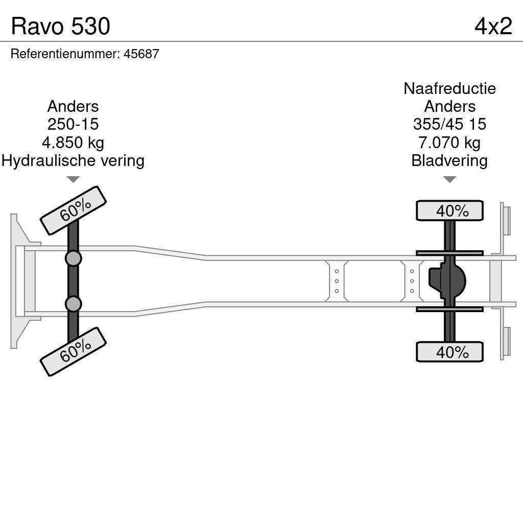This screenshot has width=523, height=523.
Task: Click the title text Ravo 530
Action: tap(60, 26)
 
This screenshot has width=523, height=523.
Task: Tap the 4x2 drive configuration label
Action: tap(493, 26)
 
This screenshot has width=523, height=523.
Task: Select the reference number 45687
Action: tap(141, 54)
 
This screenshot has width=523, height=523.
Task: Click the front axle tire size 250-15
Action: tap(73, 124)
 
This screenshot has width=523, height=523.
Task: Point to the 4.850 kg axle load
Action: tap(73, 142)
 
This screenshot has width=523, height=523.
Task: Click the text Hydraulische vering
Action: tap(73, 160)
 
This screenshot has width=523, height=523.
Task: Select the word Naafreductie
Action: tap(449, 88)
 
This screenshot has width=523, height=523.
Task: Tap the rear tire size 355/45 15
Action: tap(449, 124)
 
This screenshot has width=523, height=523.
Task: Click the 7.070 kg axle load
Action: tap(449, 142)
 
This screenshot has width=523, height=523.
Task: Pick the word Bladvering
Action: tap(449, 160)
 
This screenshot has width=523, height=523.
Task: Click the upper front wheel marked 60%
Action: tap(73, 210)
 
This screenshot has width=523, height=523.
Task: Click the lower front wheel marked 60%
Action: tap(73, 351)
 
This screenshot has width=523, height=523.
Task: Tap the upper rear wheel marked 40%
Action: tap(449, 210)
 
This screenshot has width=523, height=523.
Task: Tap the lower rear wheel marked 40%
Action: tap(449, 352)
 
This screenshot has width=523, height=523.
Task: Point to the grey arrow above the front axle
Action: tap(73, 179)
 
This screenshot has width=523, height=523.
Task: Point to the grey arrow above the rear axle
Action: tap(449, 179)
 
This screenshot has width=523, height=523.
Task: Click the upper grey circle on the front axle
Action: tap(73, 258)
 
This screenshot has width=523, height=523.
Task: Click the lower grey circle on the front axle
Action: tap(73, 304)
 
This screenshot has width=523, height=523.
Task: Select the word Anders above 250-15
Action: tap(73, 106)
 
